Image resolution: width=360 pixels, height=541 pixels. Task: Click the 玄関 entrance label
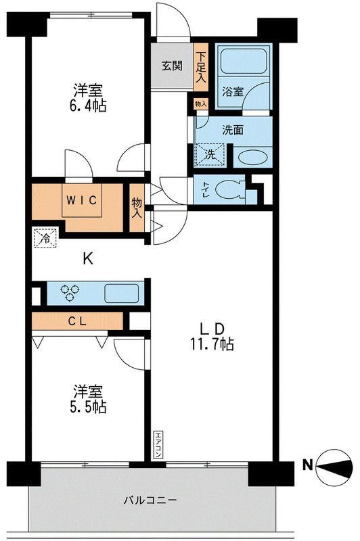pyautogui.click(x=171, y=66)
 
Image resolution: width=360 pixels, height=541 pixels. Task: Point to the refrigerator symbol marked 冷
pyautogui.click(x=44, y=238)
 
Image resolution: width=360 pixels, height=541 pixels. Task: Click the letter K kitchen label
pyautogui.click(x=87, y=258)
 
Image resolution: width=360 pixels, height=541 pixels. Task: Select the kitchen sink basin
pyautogui.click(x=121, y=293)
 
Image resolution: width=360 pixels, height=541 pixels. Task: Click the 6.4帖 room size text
pyautogui.click(x=90, y=106)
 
